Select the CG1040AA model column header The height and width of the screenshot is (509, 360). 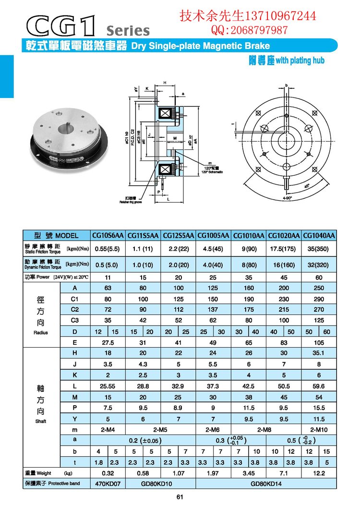coord(319,236)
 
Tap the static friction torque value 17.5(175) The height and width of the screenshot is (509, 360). coord(283,250)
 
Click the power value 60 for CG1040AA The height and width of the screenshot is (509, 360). coord(319,278)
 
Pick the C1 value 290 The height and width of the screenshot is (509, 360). coord(319,299)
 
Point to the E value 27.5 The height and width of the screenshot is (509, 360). coord(108,342)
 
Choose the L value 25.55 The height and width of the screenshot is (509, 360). coord(108,385)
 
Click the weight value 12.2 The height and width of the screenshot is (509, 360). coord(319,473)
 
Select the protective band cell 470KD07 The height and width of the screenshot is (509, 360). coord(108,483)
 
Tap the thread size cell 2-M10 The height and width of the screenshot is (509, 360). coord(319,428)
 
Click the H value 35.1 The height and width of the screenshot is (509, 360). coord(319,353)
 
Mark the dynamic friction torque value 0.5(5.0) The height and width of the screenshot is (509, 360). coord(108,264)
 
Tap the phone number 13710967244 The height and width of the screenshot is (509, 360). coord(281,16)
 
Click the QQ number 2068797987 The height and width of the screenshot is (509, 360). coord(257,31)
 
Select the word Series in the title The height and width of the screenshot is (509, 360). coord(128,30)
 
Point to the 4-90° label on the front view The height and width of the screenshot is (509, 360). coord(287,197)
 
